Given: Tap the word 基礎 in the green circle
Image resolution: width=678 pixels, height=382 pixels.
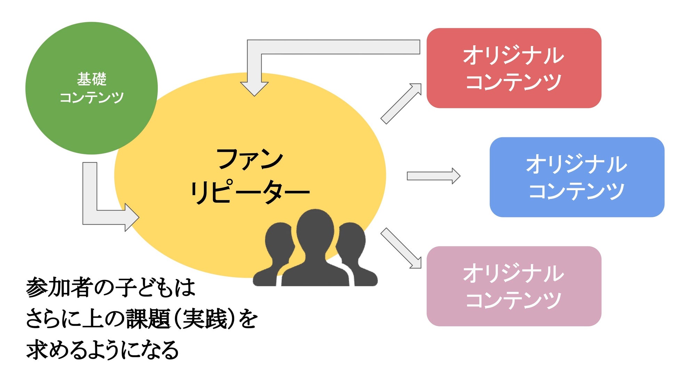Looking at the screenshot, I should coord(91,79).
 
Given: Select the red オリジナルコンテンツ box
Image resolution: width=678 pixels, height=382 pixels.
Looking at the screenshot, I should coord(514,68).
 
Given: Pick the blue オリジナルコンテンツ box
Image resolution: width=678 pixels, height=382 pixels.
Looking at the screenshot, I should coord(576,177).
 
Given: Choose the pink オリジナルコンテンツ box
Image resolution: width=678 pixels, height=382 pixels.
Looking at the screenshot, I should coord(514,286).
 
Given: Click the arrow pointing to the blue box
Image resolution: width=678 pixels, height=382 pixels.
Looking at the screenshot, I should coord(433,176).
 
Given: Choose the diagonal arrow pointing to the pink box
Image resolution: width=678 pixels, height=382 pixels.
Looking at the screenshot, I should coord(402,248).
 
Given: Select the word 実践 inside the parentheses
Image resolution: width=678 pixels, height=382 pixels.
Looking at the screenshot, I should coord(205,319).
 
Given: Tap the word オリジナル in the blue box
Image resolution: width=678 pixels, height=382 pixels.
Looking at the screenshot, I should coord(576,164).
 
